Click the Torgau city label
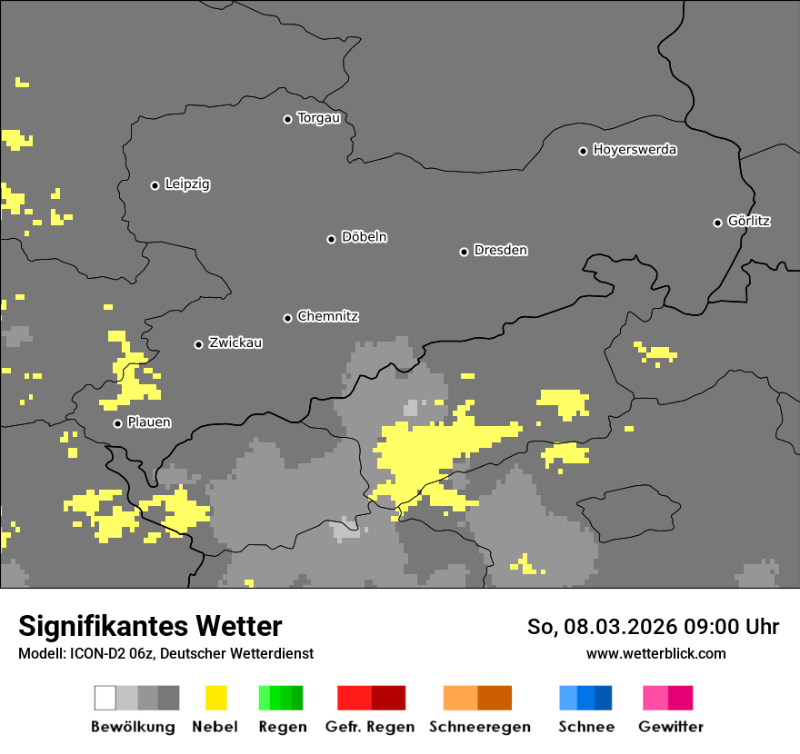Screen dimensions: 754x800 tap(318, 118)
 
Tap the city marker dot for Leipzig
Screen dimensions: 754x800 tap(155, 185)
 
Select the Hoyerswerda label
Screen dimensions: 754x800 tap(635, 150)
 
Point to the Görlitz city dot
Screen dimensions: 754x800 tap(717, 223)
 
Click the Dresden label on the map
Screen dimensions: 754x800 tap(500, 251)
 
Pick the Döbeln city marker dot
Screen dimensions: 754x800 tap(331, 239)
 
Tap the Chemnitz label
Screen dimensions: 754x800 tap(327, 317)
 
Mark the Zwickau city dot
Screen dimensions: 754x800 tap(198, 344)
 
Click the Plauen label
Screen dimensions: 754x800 tap(149, 422)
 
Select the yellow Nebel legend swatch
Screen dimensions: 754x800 tap(215, 698)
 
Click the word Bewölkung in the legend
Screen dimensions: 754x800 tap(133, 727)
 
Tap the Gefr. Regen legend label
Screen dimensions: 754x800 tap(369, 727)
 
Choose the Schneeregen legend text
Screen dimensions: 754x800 tap(480, 727)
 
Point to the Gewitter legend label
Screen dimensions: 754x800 tap(671, 727)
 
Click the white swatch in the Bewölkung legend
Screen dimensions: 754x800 tap(105, 698)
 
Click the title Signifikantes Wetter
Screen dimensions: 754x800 tap(150, 627)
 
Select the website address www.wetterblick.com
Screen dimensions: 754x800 tap(655, 653)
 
